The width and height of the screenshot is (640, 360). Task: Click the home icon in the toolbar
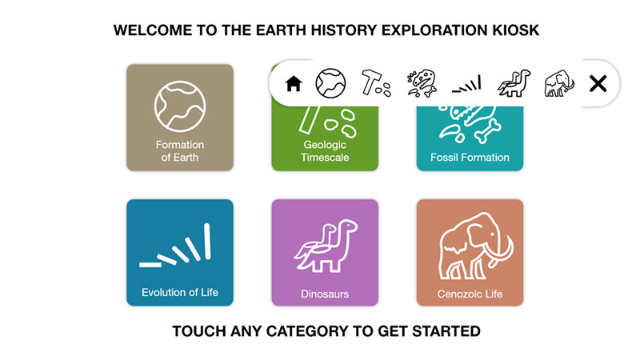(x=294, y=84)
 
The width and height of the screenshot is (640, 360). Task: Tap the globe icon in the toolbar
(x=330, y=83)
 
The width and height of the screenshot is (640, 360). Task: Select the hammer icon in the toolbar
(x=376, y=83)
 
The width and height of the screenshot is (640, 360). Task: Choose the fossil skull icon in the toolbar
(x=422, y=83)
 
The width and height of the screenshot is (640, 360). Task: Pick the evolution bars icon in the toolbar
(x=467, y=84)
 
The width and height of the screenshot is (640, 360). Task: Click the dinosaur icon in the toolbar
(x=514, y=83)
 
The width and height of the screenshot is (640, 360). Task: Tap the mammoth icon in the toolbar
(x=559, y=84)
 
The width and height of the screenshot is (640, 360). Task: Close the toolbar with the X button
(x=598, y=84)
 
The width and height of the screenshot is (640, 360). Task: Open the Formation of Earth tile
(x=180, y=117)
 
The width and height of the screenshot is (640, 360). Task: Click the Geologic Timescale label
(x=325, y=151)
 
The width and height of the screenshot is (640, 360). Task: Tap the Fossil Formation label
(x=470, y=157)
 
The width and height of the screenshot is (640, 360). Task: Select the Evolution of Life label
(x=180, y=292)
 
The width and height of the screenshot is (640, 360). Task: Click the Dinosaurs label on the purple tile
(x=325, y=294)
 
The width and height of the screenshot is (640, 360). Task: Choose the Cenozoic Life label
(x=470, y=294)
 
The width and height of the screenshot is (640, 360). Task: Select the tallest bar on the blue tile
(x=207, y=242)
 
